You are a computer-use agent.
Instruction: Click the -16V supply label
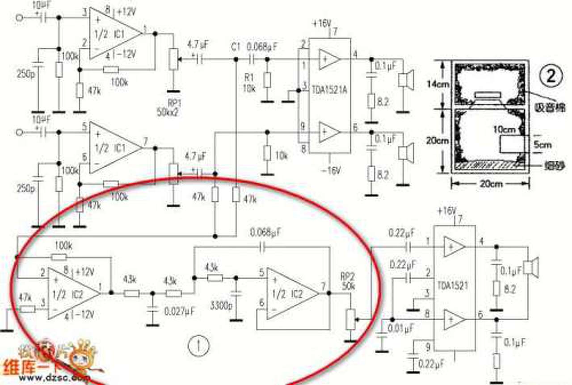point(330,170)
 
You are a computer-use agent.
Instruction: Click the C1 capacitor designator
point(236,46)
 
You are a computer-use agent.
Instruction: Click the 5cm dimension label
point(542,145)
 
